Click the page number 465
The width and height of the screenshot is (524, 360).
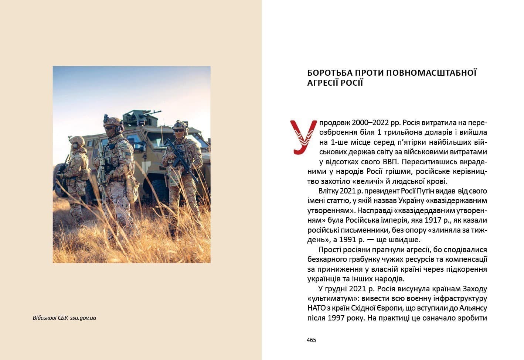click(x=312, y=340)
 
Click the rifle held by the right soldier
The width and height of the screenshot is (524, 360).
click(x=179, y=159)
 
